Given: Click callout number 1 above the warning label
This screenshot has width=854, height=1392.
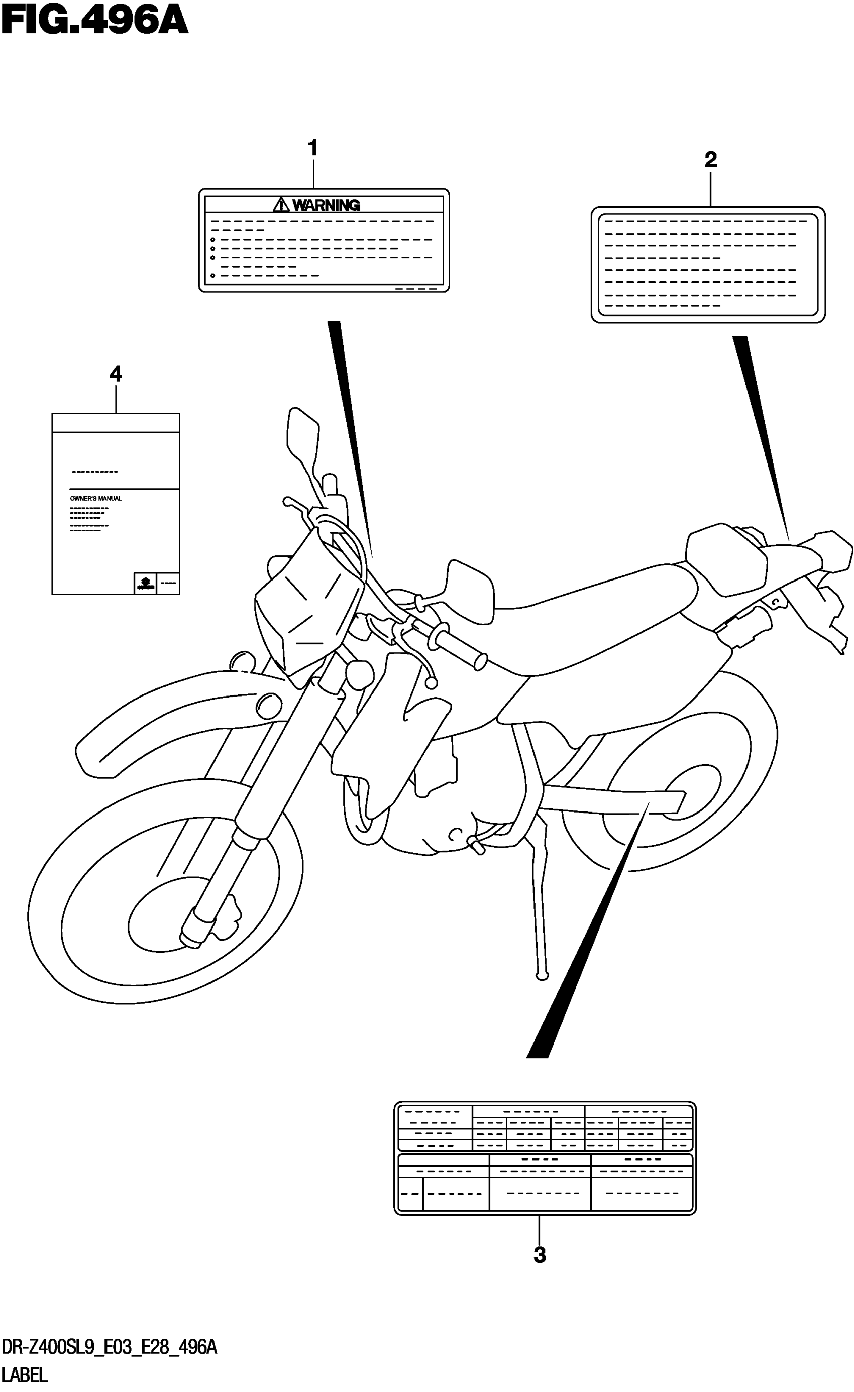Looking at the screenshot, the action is pyautogui.click(x=312, y=148).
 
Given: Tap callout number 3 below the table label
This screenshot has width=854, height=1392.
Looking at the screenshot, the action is pyautogui.click(x=539, y=1255).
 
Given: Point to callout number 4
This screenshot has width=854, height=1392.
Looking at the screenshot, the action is pyautogui.click(x=116, y=374).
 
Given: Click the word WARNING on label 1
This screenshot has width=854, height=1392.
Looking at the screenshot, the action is pyautogui.click(x=326, y=205).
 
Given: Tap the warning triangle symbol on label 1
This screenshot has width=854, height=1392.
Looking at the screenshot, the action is pyautogui.click(x=281, y=204).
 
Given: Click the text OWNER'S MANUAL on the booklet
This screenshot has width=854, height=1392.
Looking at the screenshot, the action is pyautogui.click(x=95, y=498).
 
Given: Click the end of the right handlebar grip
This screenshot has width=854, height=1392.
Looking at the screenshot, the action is pyautogui.click(x=481, y=661).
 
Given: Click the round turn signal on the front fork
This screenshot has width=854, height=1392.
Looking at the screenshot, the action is pyautogui.click(x=360, y=673).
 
